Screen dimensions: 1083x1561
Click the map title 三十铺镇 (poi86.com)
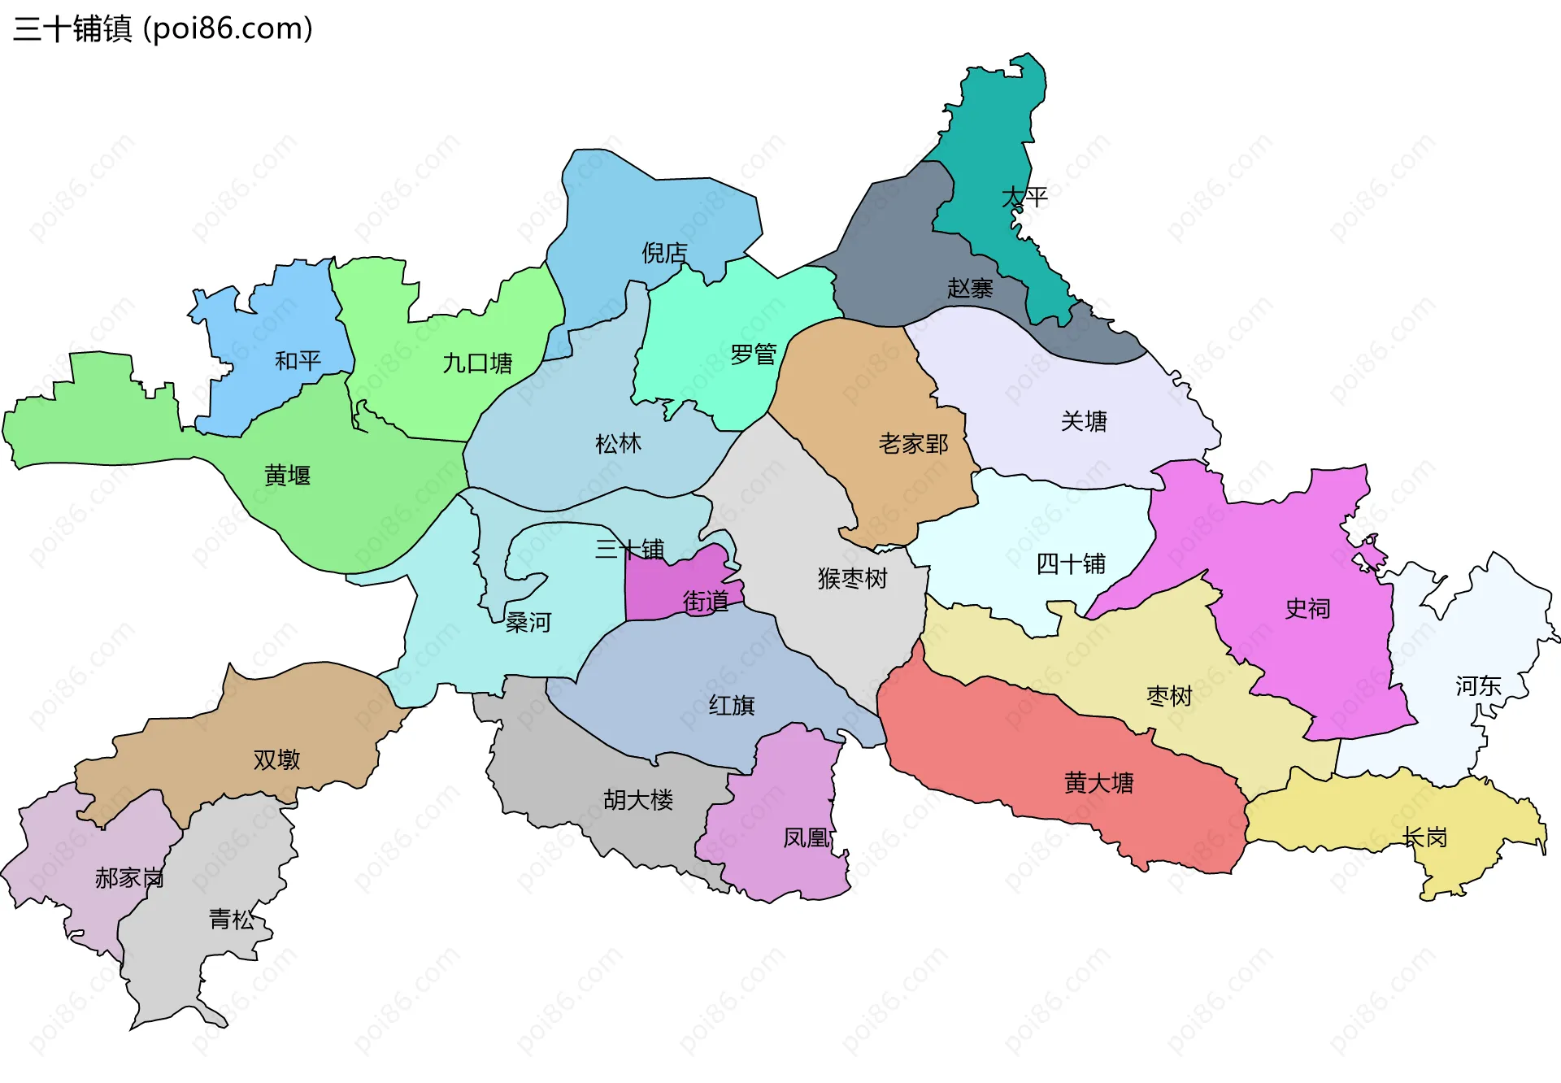point(163,29)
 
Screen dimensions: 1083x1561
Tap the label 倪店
point(664,254)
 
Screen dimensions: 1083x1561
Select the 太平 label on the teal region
point(1024,198)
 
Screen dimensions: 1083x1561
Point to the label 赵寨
point(970,289)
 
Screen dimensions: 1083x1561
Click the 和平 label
point(298,361)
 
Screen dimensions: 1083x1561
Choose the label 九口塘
point(477,363)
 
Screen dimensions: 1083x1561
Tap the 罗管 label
point(753,355)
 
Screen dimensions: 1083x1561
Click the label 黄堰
point(287,476)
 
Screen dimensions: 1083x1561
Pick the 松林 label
point(618,444)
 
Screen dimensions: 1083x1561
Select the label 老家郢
point(913,444)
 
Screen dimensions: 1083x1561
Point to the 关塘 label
point(1084,422)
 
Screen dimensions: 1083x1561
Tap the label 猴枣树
point(852,579)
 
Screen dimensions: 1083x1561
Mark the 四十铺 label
point(1071,564)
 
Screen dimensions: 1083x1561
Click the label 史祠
point(1307,609)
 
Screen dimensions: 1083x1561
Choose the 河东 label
point(1478,686)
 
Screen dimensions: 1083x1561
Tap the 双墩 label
point(276,760)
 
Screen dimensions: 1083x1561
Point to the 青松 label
point(232,920)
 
